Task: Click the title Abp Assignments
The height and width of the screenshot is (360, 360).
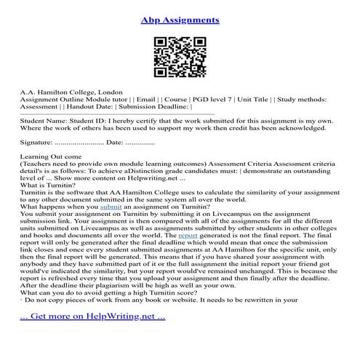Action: point(179,15)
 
